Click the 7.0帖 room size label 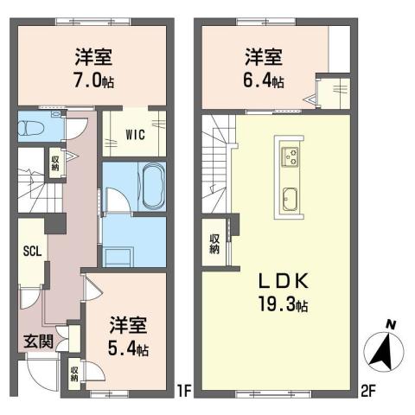pyautogui.click(x=92, y=81)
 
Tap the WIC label pyautogui.click(x=135, y=135)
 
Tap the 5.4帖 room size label pyautogui.click(x=127, y=350)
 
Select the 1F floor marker pyautogui.click(x=183, y=390)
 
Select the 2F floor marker pyautogui.click(x=368, y=390)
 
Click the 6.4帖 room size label pyautogui.click(x=264, y=81)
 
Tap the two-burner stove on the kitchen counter pyautogui.click(x=290, y=156)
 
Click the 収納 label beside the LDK pyautogui.click(x=214, y=244)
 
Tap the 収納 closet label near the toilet pyautogui.click(x=54, y=161)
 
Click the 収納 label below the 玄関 pyautogui.click(x=75, y=373)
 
